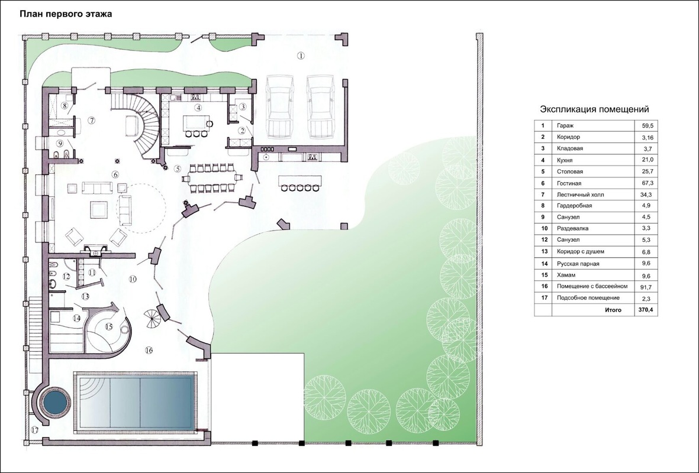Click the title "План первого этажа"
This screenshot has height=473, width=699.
click(66, 14)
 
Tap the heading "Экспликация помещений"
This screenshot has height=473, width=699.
click(594, 109)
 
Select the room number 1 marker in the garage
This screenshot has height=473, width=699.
click(301, 56)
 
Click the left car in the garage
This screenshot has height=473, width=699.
click(279, 108)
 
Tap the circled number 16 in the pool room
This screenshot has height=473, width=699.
click(149, 351)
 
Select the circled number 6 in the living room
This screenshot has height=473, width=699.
click(115, 174)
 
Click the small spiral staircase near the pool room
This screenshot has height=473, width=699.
click(153, 319)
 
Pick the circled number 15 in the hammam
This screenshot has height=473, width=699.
click(109, 326)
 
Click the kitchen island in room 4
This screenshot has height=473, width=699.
click(195, 122)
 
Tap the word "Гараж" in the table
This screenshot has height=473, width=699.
click(565, 126)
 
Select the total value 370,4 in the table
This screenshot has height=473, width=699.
click(645, 310)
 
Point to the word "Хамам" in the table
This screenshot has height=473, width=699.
click(566, 276)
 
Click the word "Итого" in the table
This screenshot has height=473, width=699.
click(613, 310)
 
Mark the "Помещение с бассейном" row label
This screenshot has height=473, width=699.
click(592, 286)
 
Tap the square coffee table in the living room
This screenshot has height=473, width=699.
click(98, 209)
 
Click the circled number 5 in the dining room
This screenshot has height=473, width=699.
click(178, 169)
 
